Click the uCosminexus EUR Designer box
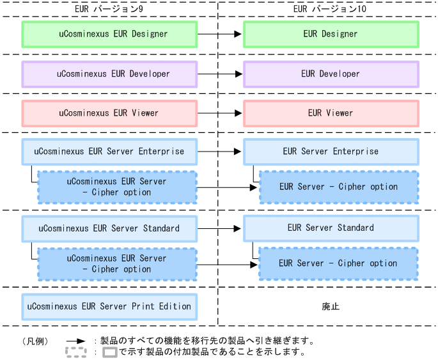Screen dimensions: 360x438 pos(109,34)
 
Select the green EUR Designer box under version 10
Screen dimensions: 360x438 pos(331,34)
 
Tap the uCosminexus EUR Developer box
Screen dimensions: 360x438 pos(109,74)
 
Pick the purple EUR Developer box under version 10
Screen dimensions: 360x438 pos(331,74)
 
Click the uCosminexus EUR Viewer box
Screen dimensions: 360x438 pos(109,113)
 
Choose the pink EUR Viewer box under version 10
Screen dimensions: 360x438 pos(331,113)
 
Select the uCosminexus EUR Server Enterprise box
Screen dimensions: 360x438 pos(109,152)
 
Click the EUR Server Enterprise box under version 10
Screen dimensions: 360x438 pos(331,152)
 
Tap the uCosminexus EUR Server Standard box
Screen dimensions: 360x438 pos(109,228)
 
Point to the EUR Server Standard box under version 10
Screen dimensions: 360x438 pos(331,228)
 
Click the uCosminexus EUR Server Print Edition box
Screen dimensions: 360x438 pos(109,307)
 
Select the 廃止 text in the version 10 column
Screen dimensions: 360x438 pos(331,307)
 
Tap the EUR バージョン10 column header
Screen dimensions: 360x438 pos(327,9)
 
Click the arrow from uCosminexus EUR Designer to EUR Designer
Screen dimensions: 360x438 pos(220,34)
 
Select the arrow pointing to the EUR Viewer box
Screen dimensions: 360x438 pos(220,113)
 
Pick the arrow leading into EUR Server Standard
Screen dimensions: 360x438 pos(220,228)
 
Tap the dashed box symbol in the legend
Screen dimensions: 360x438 pos(76,352)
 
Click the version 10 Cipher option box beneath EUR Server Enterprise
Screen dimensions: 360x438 pos(338,187)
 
